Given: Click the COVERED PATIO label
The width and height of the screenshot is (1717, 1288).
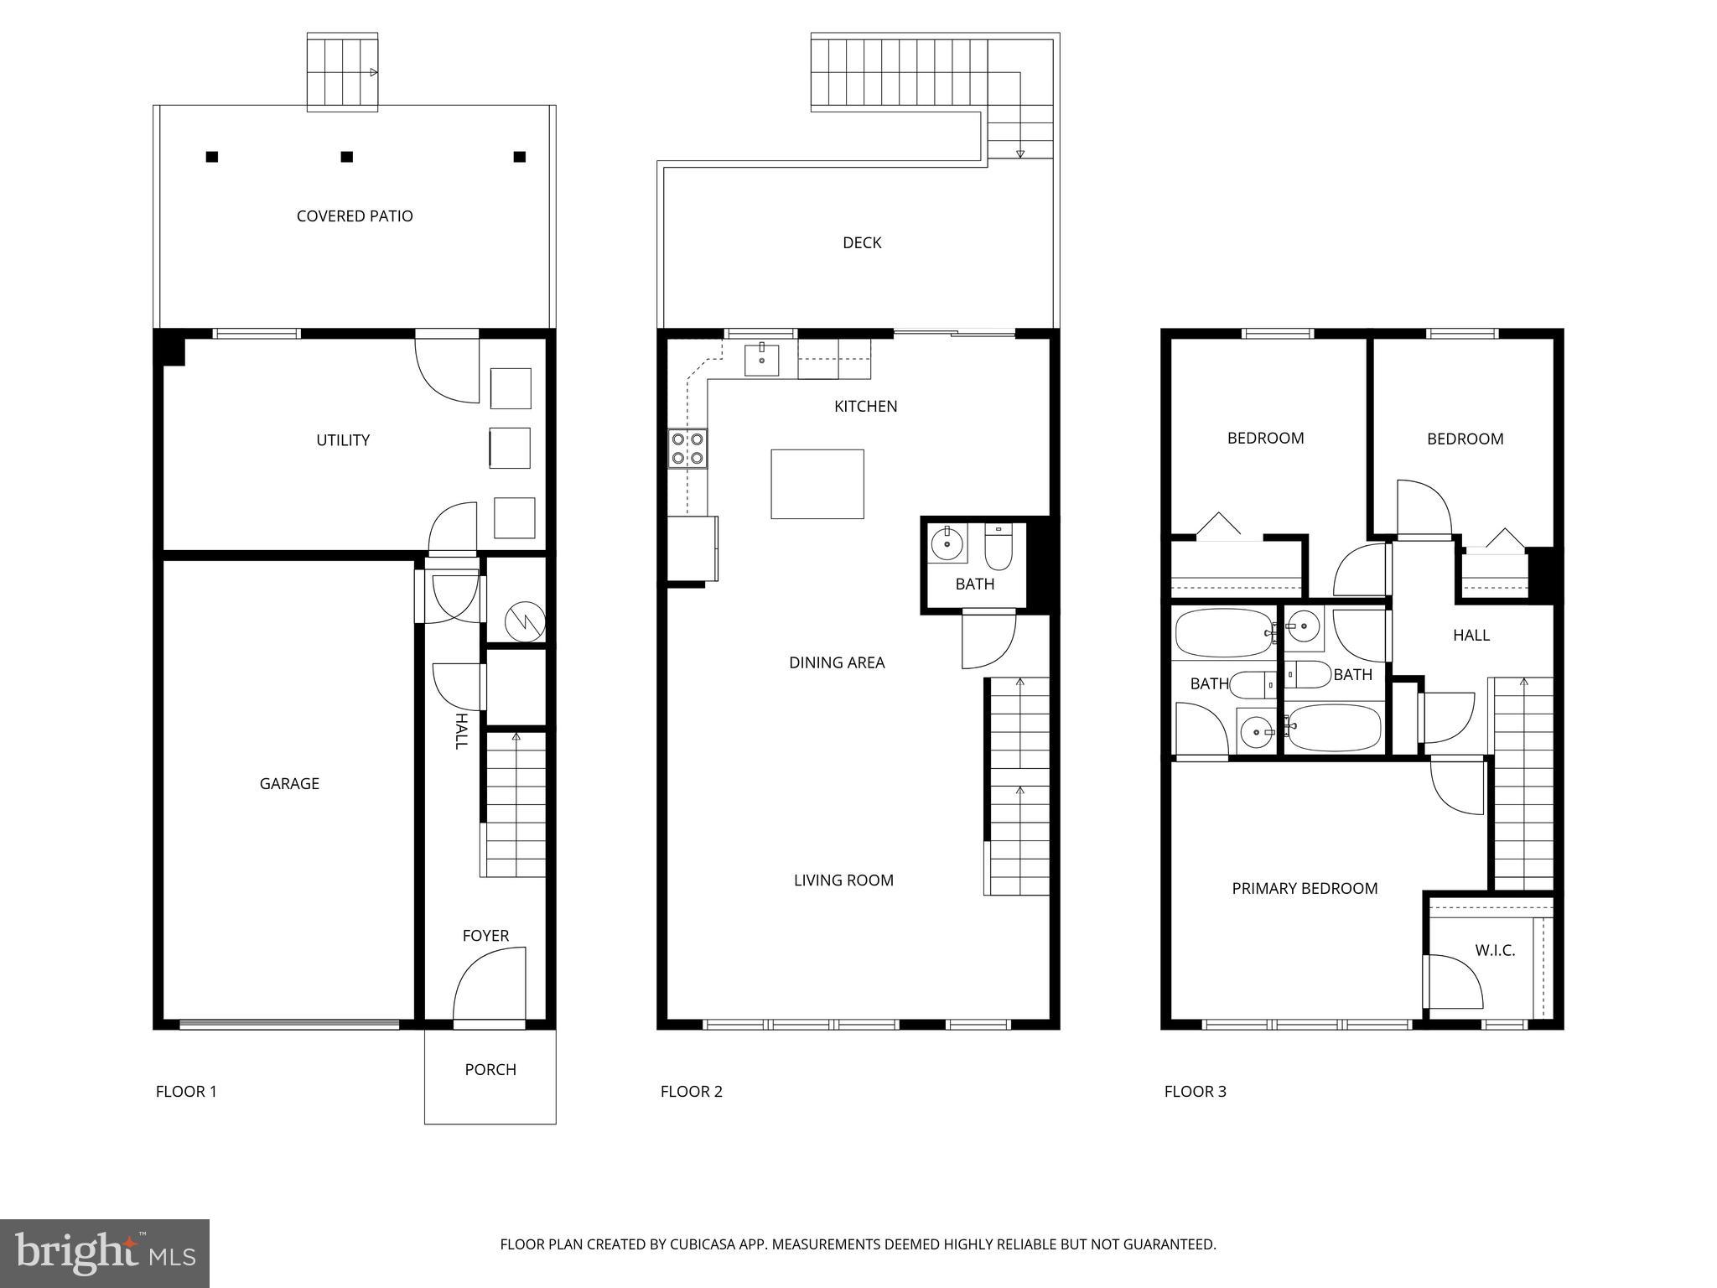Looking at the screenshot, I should pyautogui.click(x=355, y=216).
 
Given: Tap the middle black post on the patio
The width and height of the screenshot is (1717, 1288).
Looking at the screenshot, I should pyautogui.click(x=346, y=157).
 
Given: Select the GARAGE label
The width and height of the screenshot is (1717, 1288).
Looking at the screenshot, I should pyautogui.click(x=289, y=784).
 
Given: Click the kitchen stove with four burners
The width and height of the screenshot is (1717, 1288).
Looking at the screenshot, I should pyautogui.click(x=687, y=448).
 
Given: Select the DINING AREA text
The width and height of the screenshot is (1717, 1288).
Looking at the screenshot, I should pyautogui.click(x=837, y=663).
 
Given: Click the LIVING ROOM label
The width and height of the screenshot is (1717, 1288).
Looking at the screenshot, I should pyautogui.click(x=843, y=880).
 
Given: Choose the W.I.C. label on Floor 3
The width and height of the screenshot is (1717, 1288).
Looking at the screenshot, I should pyautogui.click(x=1495, y=951).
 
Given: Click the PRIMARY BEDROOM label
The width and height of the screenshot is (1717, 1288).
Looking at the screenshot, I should pyautogui.click(x=1305, y=889).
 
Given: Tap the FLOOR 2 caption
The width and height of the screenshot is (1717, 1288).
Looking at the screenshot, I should pyautogui.click(x=691, y=1092).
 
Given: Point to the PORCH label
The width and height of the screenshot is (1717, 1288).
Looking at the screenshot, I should pyautogui.click(x=490, y=1070).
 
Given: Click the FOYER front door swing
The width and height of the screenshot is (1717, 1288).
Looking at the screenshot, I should pyautogui.click(x=490, y=985).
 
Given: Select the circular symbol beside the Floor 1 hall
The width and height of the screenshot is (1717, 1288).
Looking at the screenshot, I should pyautogui.click(x=525, y=622).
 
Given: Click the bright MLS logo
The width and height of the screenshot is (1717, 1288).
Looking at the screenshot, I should pyautogui.click(x=105, y=1254).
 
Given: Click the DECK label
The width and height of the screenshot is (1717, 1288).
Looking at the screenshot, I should pyautogui.click(x=862, y=243).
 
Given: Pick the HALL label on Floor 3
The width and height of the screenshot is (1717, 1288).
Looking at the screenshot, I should pyautogui.click(x=1471, y=636).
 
